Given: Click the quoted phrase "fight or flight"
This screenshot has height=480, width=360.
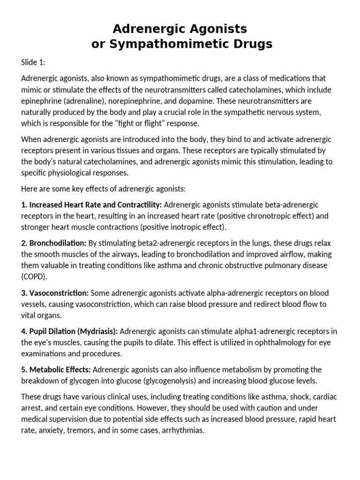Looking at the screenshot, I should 156,123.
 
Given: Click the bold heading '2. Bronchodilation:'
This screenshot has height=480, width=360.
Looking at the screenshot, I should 54,243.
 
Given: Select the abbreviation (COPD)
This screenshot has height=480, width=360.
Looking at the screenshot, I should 34,277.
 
